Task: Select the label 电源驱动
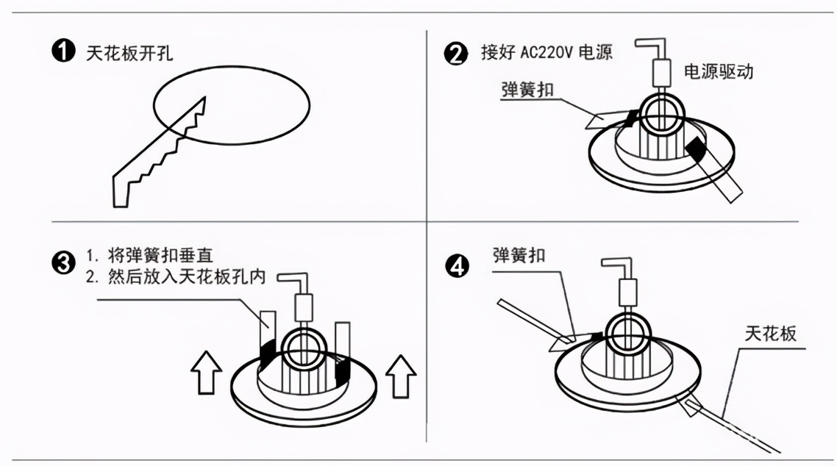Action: pos(719,71)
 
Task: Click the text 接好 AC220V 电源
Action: pos(545,54)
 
